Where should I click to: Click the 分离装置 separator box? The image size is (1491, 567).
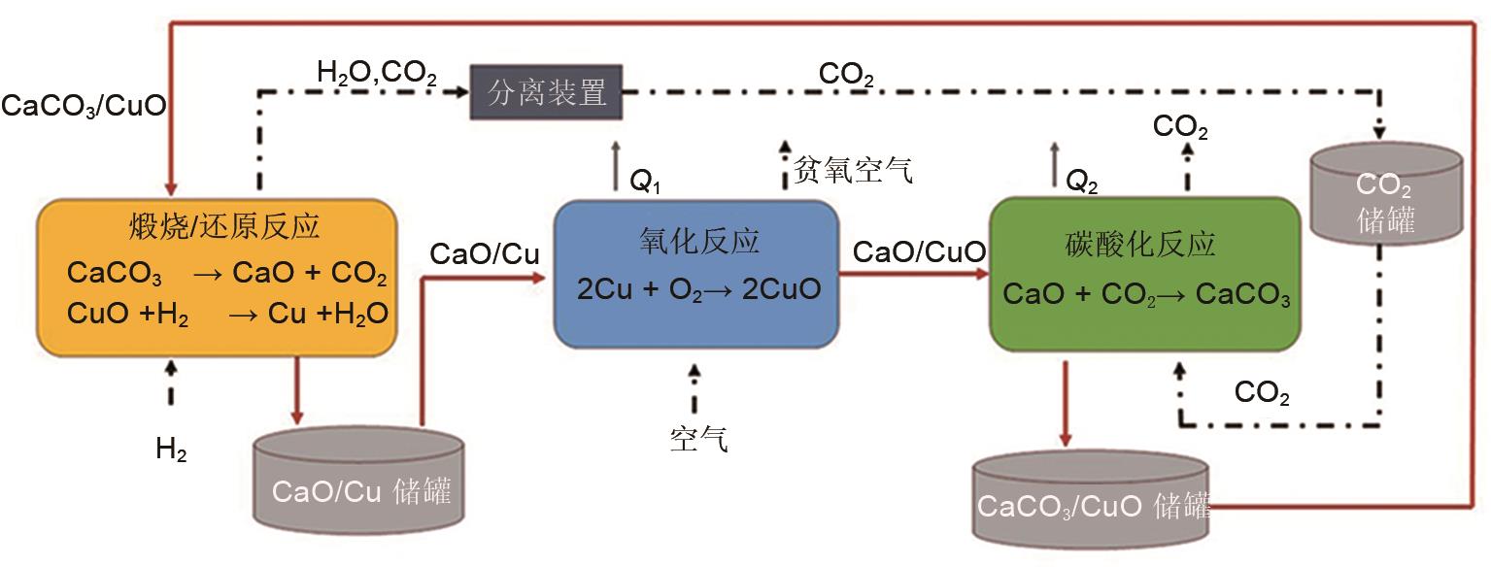pos(546,92)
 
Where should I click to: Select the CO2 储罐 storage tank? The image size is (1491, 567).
pos(1386,193)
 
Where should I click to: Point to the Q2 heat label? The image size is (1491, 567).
pos(1081,182)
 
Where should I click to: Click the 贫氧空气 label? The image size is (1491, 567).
pos(853,171)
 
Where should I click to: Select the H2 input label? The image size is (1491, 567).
pos(172,449)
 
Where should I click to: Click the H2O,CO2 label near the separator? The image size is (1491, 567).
pos(377,72)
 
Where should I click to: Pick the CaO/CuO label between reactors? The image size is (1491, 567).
pos(919,252)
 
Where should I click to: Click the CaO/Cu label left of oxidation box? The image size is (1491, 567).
pos(484,254)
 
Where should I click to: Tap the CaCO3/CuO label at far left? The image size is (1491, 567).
pos(84,106)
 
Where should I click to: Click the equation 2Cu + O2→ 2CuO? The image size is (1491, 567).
pos(698,289)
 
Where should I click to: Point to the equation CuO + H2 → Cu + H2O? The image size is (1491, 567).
pos(227,314)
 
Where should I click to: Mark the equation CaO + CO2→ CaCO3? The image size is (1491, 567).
pos(1146,295)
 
